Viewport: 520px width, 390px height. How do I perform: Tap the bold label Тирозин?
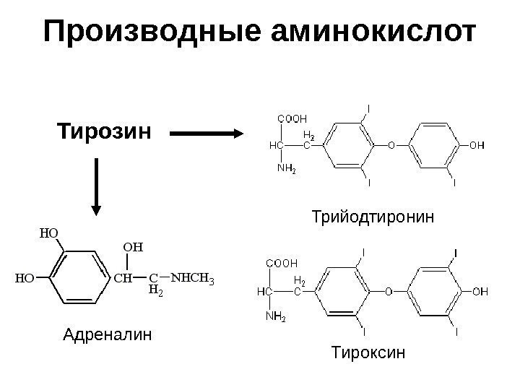click(x=104, y=133)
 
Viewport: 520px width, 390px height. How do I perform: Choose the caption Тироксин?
click(x=368, y=353)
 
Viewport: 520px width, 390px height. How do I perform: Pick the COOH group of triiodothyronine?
click(x=292, y=118)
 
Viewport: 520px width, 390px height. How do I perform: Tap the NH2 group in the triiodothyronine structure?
click(x=287, y=170)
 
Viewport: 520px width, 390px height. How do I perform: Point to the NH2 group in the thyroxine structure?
click(x=276, y=316)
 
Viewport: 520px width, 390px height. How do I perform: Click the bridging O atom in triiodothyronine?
click(x=391, y=145)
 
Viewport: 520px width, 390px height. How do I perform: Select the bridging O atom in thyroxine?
click(x=387, y=291)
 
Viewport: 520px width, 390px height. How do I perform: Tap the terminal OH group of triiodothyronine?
click(x=477, y=145)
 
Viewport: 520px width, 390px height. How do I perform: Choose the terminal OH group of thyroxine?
click(x=480, y=291)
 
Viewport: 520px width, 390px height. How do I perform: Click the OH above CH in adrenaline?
click(x=134, y=247)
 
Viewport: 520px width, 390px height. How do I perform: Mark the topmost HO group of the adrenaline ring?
click(x=48, y=233)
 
